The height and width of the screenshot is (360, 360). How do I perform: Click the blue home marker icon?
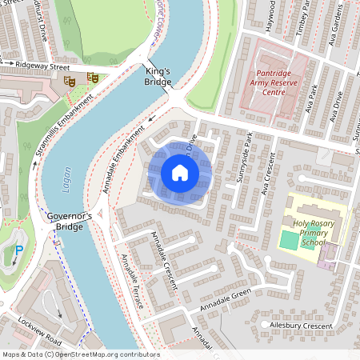180,173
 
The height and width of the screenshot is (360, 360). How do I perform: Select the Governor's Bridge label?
70,222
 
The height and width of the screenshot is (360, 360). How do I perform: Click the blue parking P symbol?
18,251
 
